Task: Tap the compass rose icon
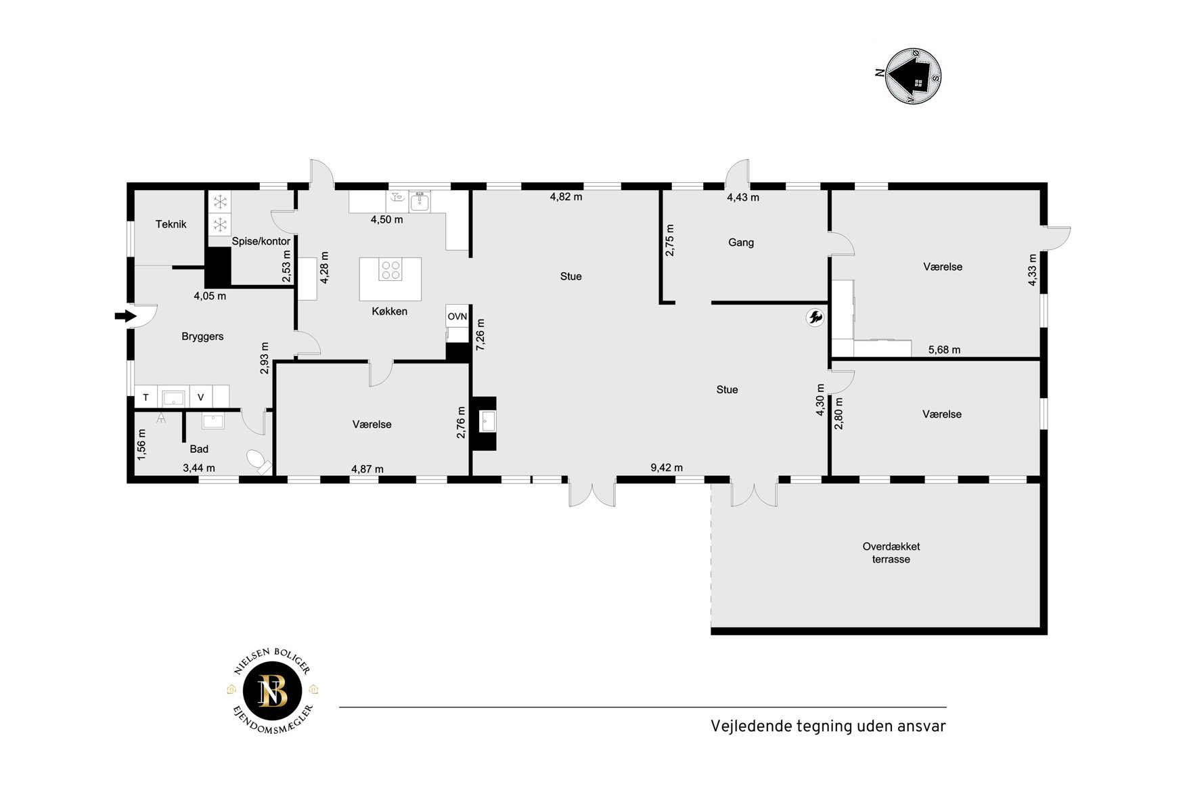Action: pyautogui.click(x=912, y=76)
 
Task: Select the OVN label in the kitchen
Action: pyautogui.click(x=457, y=316)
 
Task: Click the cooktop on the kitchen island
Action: pyautogui.click(x=390, y=271)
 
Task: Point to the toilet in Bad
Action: pyautogui.click(x=258, y=462)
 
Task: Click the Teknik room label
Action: pyautogui.click(x=171, y=224)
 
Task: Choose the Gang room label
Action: pyautogui.click(x=741, y=242)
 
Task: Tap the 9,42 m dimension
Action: pyautogui.click(x=667, y=468)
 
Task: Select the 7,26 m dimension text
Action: pyautogui.click(x=480, y=334)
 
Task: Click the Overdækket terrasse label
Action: pyautogui.click(x=891, y=552)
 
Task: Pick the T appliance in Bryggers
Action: pyautogui.click(x=146, y=397)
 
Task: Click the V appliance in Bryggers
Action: pyautogui.click(x=201, y=397)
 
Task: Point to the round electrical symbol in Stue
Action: pyautogui.click(x=815, y=317)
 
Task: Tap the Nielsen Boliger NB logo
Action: pyautogui.click(x=273, y=691)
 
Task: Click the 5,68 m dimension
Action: pyautogui.click(x=944, y=350)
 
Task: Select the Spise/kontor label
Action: pyautogui.click(x=261, y=241)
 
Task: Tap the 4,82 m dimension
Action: pyautogui.click(x=566, y=197)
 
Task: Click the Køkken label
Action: pyautogui.click(x=390, y=311)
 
